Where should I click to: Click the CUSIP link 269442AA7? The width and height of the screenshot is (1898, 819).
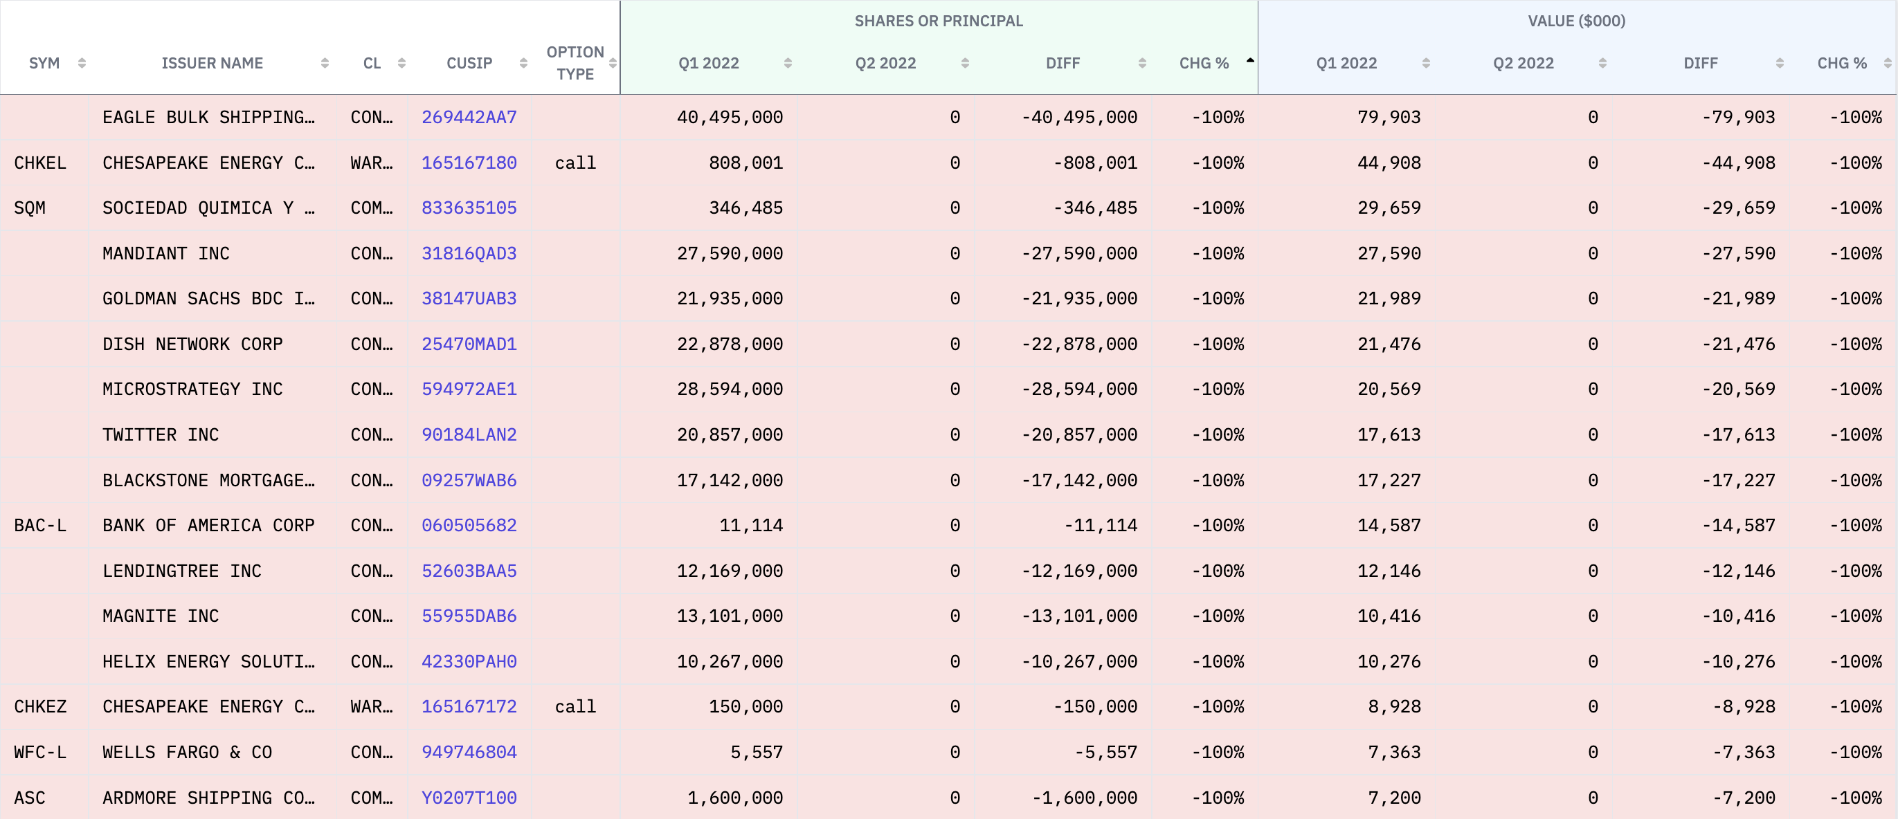(469, 117)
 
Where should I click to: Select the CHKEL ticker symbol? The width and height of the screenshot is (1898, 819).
(39, 163)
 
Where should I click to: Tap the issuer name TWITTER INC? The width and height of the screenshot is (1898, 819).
(161, 434)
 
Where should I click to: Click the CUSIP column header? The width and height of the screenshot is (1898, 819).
(469, 64)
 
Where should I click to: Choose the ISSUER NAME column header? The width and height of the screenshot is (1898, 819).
(213, 64)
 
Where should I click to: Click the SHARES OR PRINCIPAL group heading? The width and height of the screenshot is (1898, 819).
(938, 21)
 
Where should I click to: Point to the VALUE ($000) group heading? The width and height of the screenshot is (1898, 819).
(1576, 21)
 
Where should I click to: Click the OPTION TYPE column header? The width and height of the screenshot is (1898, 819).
(575, 64)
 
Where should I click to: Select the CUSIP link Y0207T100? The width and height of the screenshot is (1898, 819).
(469, 798)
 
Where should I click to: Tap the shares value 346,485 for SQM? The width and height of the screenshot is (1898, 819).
(745, 208)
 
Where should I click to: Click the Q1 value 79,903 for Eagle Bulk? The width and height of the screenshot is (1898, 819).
(1389, 117)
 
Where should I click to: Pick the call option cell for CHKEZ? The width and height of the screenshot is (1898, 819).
(575, 706)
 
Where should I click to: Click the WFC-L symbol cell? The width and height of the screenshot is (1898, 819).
(39, 752)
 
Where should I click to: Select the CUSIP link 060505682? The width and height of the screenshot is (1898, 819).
(469, 525)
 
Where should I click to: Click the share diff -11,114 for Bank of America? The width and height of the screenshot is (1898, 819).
(1100, 525)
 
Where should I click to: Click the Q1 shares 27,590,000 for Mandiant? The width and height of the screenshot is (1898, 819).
(730, 253)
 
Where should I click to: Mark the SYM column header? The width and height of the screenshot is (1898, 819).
(44, 64)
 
